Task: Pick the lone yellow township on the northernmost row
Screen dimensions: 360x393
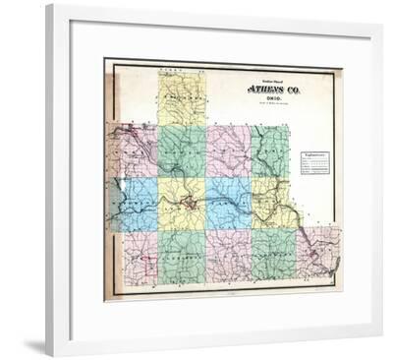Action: click(181, 97)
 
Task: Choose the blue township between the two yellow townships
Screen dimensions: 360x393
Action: click(229, 203)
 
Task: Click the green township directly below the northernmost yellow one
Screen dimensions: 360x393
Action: click(181, 151)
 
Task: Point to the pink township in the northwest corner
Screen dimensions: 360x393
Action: click(138, 150)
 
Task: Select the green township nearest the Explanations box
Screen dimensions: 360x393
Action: click(269, 150)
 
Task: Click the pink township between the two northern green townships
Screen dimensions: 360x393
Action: click(228, 150)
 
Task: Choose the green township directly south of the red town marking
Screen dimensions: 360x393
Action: click(182, 256)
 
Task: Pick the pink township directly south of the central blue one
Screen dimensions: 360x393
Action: click(228, 255)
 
